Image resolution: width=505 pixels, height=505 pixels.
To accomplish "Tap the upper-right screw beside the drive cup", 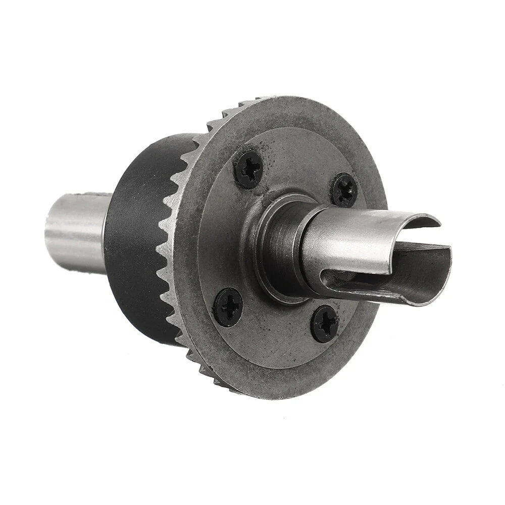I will click(344, 190).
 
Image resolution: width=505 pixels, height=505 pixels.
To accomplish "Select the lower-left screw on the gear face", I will click(228, 307).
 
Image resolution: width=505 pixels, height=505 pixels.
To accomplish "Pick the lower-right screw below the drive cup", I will click(324, 324).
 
